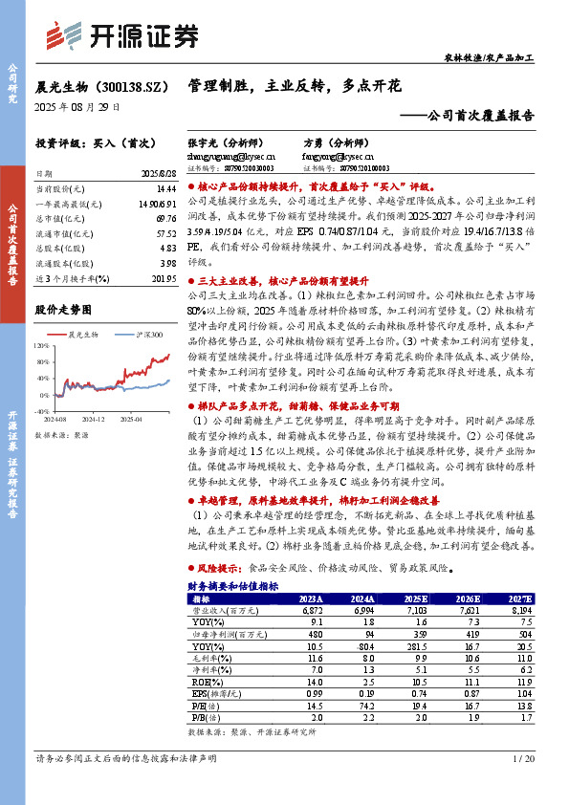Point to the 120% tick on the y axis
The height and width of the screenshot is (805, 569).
(x=42, y=345)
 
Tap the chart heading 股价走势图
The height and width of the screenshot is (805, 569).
(x=63, y=309)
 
